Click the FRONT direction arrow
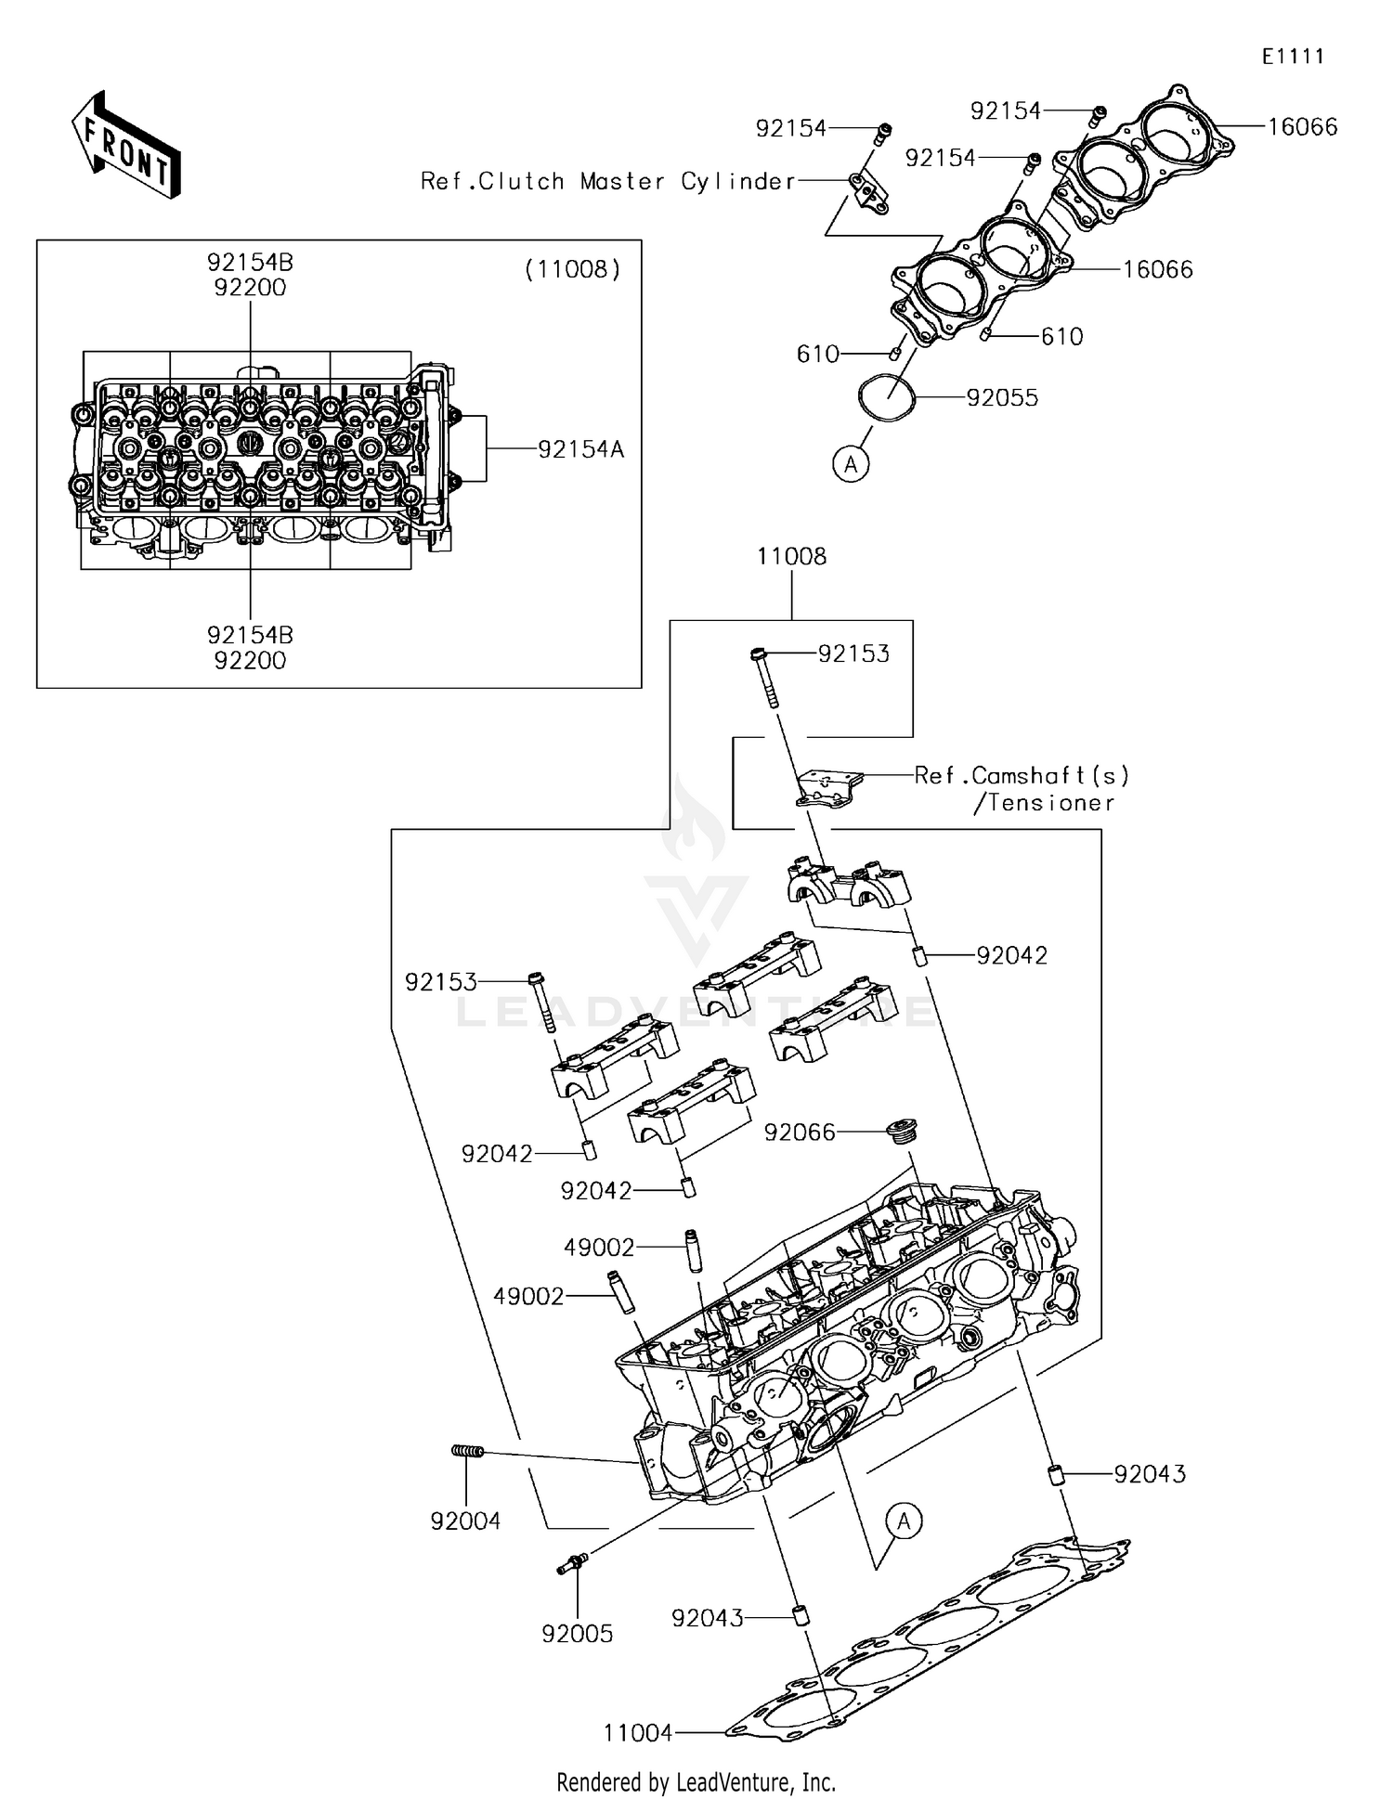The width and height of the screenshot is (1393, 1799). [125, 146]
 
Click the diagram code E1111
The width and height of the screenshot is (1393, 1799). [1293, 57]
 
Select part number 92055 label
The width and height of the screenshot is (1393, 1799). [1002, 397]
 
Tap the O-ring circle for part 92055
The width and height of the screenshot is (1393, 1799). [886, 397]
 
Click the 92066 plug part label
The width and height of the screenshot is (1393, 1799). [800, 1132]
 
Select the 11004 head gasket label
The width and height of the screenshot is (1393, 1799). [638, 1733]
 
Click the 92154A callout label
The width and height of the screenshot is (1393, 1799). [581, 450]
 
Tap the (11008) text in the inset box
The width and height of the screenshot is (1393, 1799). [572, 270]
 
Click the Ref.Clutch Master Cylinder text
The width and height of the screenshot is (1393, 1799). [608, 181]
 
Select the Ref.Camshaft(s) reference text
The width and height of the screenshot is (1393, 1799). [1022, 775]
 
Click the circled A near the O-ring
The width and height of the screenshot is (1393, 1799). [851, 462]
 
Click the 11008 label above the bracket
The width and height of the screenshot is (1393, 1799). [791, 556]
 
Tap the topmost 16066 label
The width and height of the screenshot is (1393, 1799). [1302, 127]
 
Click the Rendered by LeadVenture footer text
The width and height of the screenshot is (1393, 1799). [696, 1782]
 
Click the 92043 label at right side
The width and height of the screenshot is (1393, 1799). [1150, 1474]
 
